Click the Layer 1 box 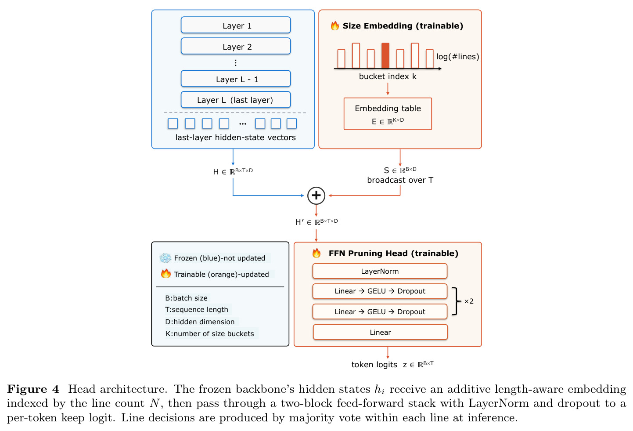pos(236,25)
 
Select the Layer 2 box pos(236,46)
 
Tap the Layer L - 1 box pos(236,79)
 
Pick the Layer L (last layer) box pos(236,100)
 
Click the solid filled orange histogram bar pos(385,56)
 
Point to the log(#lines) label pos(457,57)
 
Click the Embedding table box pos(388,114)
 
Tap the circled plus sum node pos(316,196)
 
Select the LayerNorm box pos(380,271)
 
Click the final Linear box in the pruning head pos(380,332)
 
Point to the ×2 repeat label pos(469,301)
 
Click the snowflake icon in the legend pos(165,258)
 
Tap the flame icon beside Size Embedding pos(335,25)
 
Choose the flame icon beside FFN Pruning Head pos(316,253)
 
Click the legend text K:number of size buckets pos(210,334)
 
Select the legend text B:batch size pos(186,298)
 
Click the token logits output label pos(392,364)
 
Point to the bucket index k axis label pos(388,76)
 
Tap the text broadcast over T pos(400,180)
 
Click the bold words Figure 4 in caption pos(33,389)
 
